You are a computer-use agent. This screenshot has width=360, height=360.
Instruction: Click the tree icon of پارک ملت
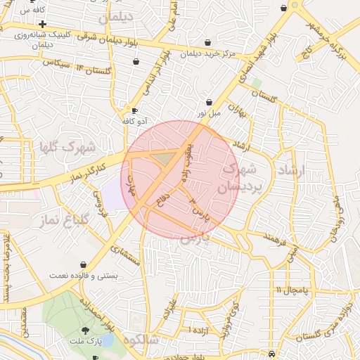86,330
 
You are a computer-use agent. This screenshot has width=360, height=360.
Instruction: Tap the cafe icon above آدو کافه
135,111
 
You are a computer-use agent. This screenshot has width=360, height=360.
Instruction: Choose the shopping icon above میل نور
209,102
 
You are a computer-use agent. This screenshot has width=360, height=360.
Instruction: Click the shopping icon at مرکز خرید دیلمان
207,43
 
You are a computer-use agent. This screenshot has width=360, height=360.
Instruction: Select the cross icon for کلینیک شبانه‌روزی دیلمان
43,25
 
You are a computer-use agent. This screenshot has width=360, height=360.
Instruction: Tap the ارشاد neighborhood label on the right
290,172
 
